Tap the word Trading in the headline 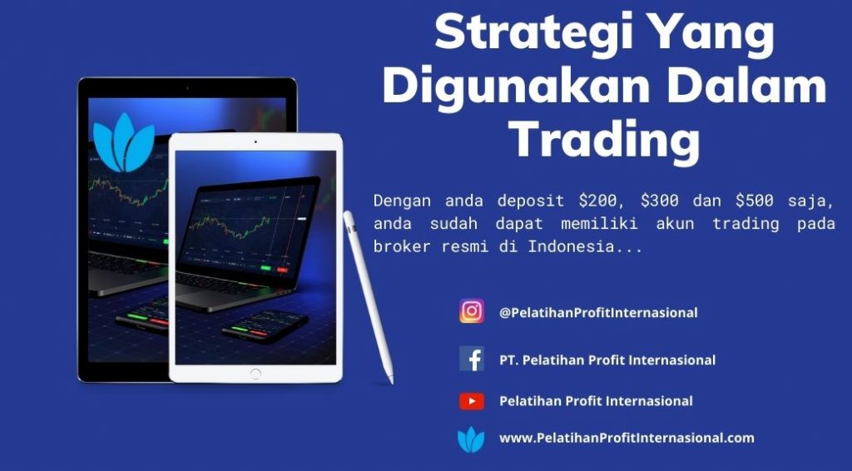[x=606, y=138]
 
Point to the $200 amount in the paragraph [x=597, y=201]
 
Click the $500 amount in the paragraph [x=754, y=201]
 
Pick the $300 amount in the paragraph [x=659, y=201]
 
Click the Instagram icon [x=472, y=311]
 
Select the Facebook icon [x=472, y=359]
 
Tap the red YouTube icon [x=472, y=401]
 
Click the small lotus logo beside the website [x=471, y=439]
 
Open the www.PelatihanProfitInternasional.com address [x=627, y=438]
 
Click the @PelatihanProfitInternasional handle [x=598, y=312]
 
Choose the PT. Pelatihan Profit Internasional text [x=607, y=359]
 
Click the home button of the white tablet [x=255, y=374]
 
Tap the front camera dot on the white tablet [x=255, y=141]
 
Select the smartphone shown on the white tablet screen [x=265, y=326]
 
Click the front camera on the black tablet [x=187, y=88]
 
